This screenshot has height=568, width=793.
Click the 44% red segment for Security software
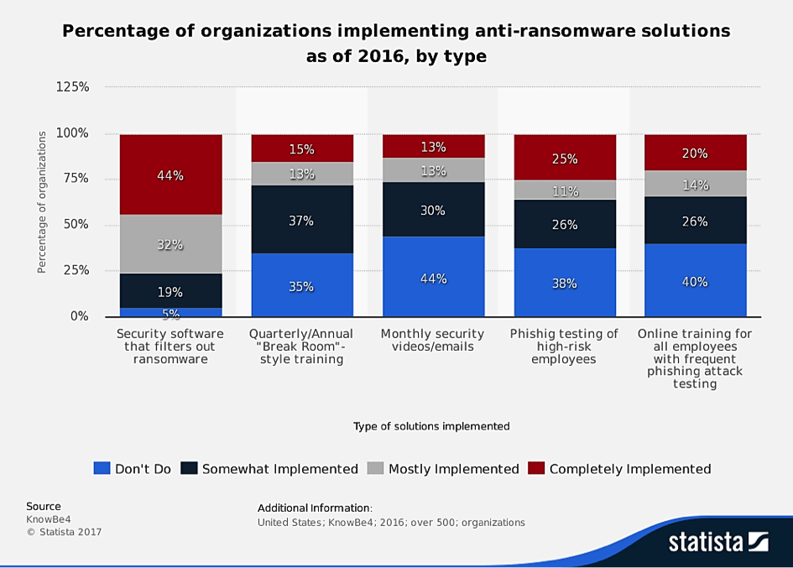pyautogui.click(x=171, y=175)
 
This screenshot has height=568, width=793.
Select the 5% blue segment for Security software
pyautogui.click(x=171, y=312)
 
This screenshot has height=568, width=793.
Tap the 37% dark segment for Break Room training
pyautogui.click(x=302, y=220)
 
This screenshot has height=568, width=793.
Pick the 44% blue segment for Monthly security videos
pyautogui.click(x=433, y=277)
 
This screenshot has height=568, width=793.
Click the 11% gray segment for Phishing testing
pyautogui.click(x=565, y=190)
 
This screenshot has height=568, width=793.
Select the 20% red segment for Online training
pyautogui.click(x=695, y=153)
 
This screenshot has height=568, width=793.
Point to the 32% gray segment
pyautogui.click(x=171, y=244)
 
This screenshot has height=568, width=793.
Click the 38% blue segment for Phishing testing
pyautogui.click(x=565, y=283)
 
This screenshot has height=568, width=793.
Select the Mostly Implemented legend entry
pyautogui.click(x=443, y=469)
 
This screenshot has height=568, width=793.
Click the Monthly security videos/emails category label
pyautogui.click(x=433, y=340)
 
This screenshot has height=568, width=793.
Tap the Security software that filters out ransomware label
pyautogui.click(x=171, y=347)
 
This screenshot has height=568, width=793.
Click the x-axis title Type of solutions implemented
pyautogui.click(x=431, y=426)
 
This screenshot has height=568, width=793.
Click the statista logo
pyautogui.click(x=718, y=542)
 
